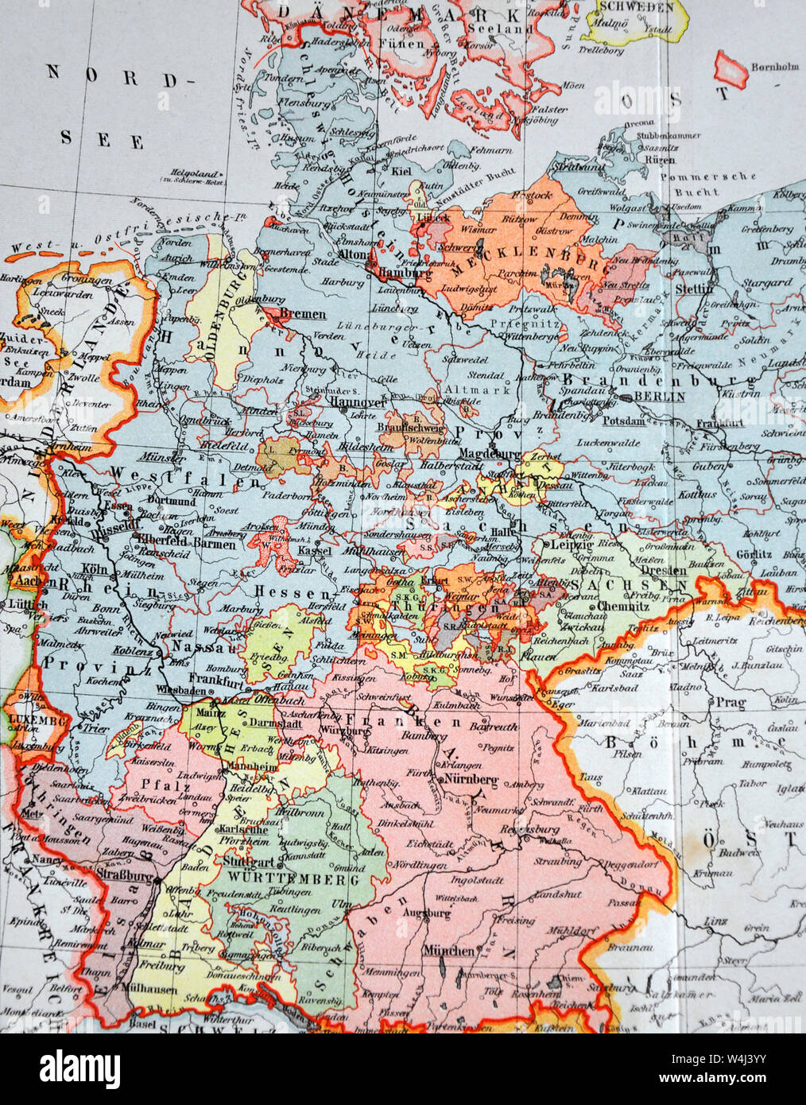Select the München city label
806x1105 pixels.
tap(448, 951)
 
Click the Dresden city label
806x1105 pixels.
tap(664, 570)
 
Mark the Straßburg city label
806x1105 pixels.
tap(123, 875)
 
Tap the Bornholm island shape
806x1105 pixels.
tap(730, 70)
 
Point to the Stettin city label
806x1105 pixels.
tap(693, 289)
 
